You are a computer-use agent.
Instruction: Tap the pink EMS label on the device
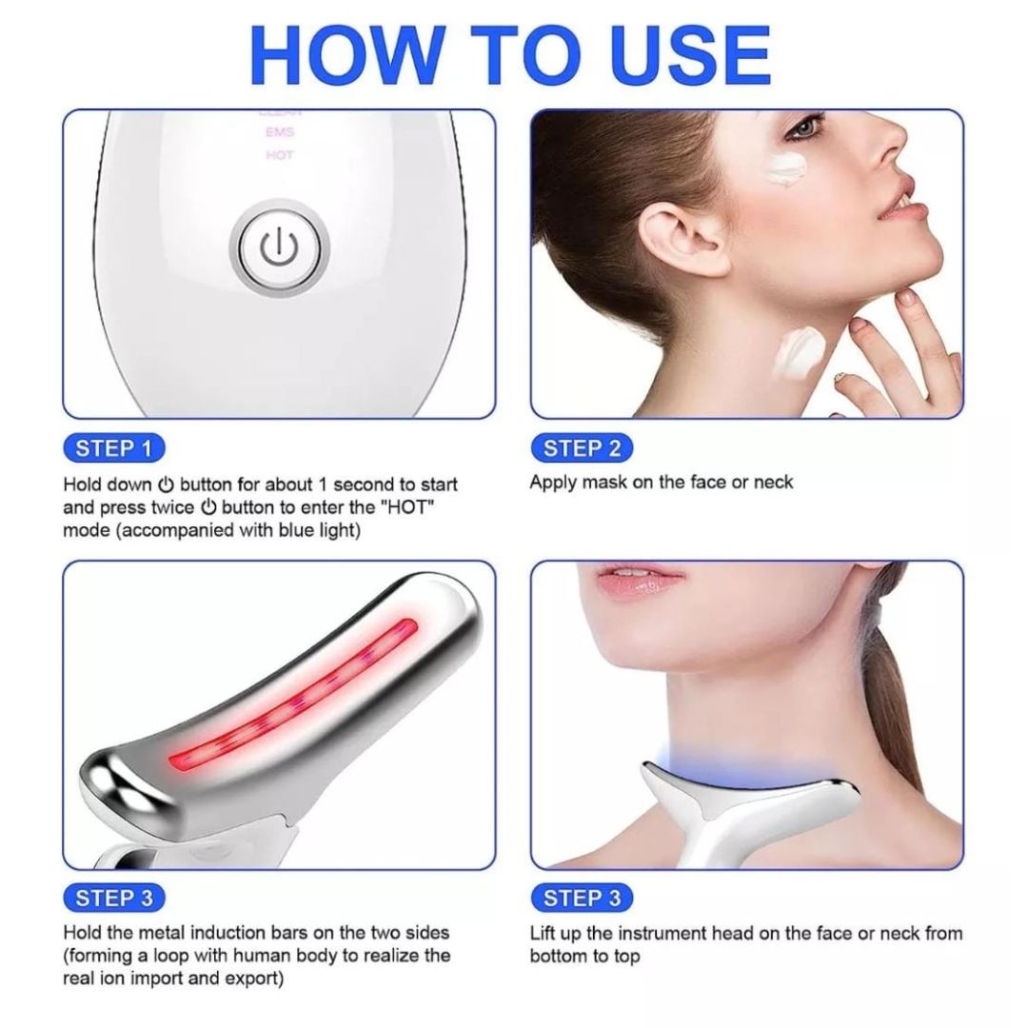pyautogui.click(x=279, y=133)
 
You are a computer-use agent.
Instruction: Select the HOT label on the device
pyautogui.click(x=279, y=155)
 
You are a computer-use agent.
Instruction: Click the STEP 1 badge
pyautogui.click(x=113, y=448)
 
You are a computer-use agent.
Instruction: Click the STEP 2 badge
pyautogui.click(x=582, y=448)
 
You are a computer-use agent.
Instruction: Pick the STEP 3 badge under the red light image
pyautogui.click(x=113, y=898)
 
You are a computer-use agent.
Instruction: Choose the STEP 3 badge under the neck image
pyautogui.click(x=582, y=898)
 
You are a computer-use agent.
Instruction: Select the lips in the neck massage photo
pyautogui.click(x=641, y=582)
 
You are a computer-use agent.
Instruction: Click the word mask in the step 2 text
pyautogui.click(x=605, y=483)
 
